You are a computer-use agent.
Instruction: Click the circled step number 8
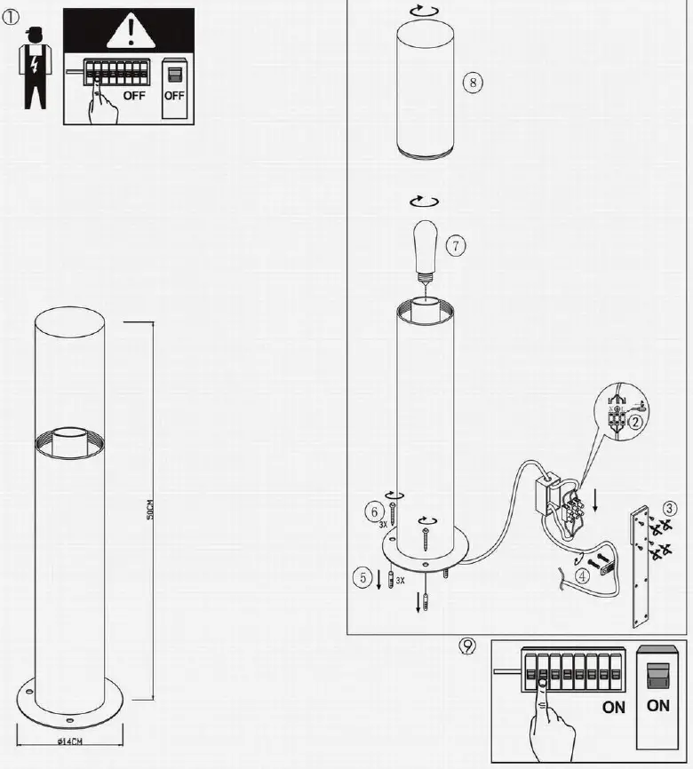tap(473, 83)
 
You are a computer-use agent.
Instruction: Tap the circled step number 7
tap(456, 246)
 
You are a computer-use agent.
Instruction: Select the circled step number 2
tap(634, 423)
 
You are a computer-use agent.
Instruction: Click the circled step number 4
tap(583, 575)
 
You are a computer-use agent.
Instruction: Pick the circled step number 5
tap(362, 579)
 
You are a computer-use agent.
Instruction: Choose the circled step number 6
tap(375, 511)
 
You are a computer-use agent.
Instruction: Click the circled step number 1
tap(12, 17)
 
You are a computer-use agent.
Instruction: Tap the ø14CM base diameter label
tap(70, 740)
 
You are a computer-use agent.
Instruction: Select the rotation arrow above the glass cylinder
tap(423, 9)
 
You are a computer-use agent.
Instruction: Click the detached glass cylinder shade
tap(424, 89)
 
